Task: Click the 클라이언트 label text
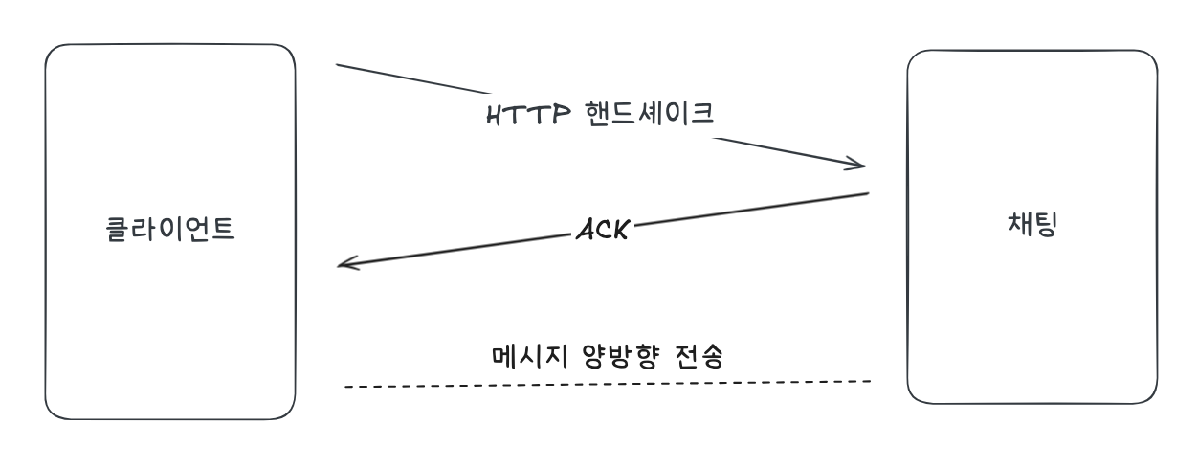169,230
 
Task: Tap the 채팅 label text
1031,226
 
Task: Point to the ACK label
601,231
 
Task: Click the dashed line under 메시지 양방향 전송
608,384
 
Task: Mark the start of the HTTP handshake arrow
339,65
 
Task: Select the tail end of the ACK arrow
866,194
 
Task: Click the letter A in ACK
583,231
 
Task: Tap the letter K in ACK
619,231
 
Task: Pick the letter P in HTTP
561,115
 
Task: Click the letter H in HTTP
495,115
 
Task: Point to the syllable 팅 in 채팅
1045,226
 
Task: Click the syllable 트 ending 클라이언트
223,230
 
